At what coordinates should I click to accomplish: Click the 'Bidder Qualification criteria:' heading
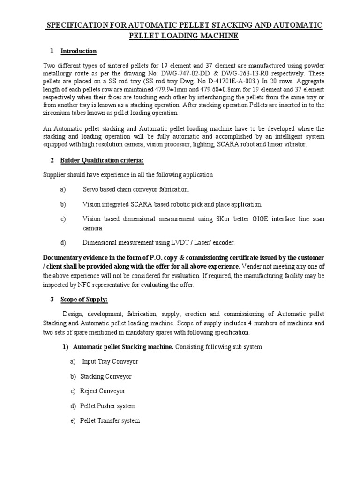click(x=102, y=161)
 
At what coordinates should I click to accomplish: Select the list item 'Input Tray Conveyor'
click(x=110, y=362)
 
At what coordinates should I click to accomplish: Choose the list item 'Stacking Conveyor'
click(x=106, y=376)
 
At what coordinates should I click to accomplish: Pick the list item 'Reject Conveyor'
click(x=103, y=391)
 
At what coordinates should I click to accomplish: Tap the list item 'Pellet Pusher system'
click(x=108, y=406)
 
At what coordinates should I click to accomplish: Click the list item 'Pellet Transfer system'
click(x=110, y=420)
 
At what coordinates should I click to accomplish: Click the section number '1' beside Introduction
click(x=52, y=51)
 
